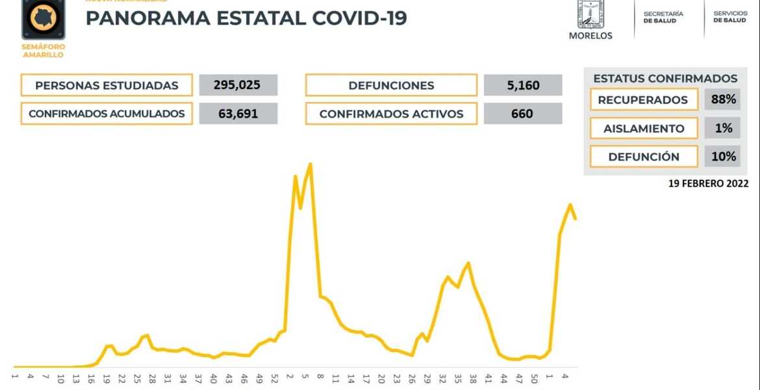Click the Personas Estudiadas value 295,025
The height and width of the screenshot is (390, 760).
tap(238, 85)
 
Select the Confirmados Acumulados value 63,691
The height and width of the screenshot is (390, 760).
tap(238, 114)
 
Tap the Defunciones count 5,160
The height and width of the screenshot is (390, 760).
tap(522, 85)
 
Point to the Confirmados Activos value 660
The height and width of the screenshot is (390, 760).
tap(522, 114)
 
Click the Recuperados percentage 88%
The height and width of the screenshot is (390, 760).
tap(723, 99)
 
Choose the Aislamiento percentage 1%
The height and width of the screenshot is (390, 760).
tap(723, 128)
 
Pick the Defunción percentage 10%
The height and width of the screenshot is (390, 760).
tap(723, 157)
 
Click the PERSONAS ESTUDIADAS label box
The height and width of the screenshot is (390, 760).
tap(107, 85)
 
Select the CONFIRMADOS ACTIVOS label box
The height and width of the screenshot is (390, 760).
tap(391, 114)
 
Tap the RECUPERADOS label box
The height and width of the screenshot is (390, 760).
tap(643, 99)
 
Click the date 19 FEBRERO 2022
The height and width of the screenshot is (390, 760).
tap(708, 184)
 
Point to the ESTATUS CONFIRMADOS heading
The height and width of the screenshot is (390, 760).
tap(665, 79)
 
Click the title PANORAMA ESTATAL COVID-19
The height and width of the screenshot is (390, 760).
tap(246, 18)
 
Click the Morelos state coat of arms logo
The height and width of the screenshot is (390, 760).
tap(590, 14)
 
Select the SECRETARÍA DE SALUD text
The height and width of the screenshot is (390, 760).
tap(663, 18)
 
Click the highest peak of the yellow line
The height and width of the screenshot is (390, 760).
tap(310, 164)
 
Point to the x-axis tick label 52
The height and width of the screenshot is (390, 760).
tap(274, 377)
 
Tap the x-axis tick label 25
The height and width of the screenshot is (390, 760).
tap(136, 377)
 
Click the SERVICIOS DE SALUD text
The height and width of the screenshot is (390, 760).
tap(729, 17)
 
